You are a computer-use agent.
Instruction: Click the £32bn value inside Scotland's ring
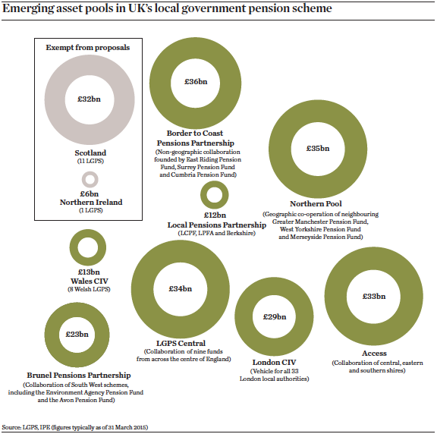90,99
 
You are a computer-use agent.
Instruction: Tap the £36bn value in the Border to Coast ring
196,81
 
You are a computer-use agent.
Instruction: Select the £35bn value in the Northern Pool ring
317,148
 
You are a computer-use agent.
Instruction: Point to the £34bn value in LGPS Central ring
181,289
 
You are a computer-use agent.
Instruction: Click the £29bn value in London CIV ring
274,316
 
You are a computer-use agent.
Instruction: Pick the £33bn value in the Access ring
373,297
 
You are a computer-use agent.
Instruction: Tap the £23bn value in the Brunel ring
77,334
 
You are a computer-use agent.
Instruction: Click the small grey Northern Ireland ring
90,180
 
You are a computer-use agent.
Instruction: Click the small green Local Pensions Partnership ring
215,195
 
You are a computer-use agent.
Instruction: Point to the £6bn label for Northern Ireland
90,193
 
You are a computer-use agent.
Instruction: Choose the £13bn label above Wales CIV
89,272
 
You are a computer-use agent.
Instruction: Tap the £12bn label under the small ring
215,215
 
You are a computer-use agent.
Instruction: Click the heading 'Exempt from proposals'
87,47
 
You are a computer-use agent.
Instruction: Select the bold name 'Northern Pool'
316,204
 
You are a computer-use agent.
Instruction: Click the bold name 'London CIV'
274,362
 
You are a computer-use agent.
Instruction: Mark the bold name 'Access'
373,354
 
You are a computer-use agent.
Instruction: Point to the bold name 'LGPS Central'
180,344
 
